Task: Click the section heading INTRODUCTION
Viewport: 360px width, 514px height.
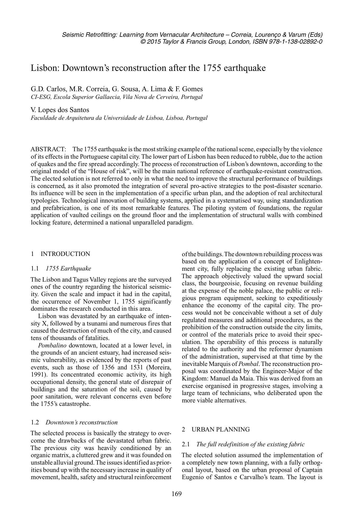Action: tap(65, 254)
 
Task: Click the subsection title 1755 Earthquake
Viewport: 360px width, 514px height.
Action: tap(68, 269)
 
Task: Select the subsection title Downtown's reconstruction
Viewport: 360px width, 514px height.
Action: tap(81, 422)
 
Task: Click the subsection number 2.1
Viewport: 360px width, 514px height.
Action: tap(186, 444)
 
